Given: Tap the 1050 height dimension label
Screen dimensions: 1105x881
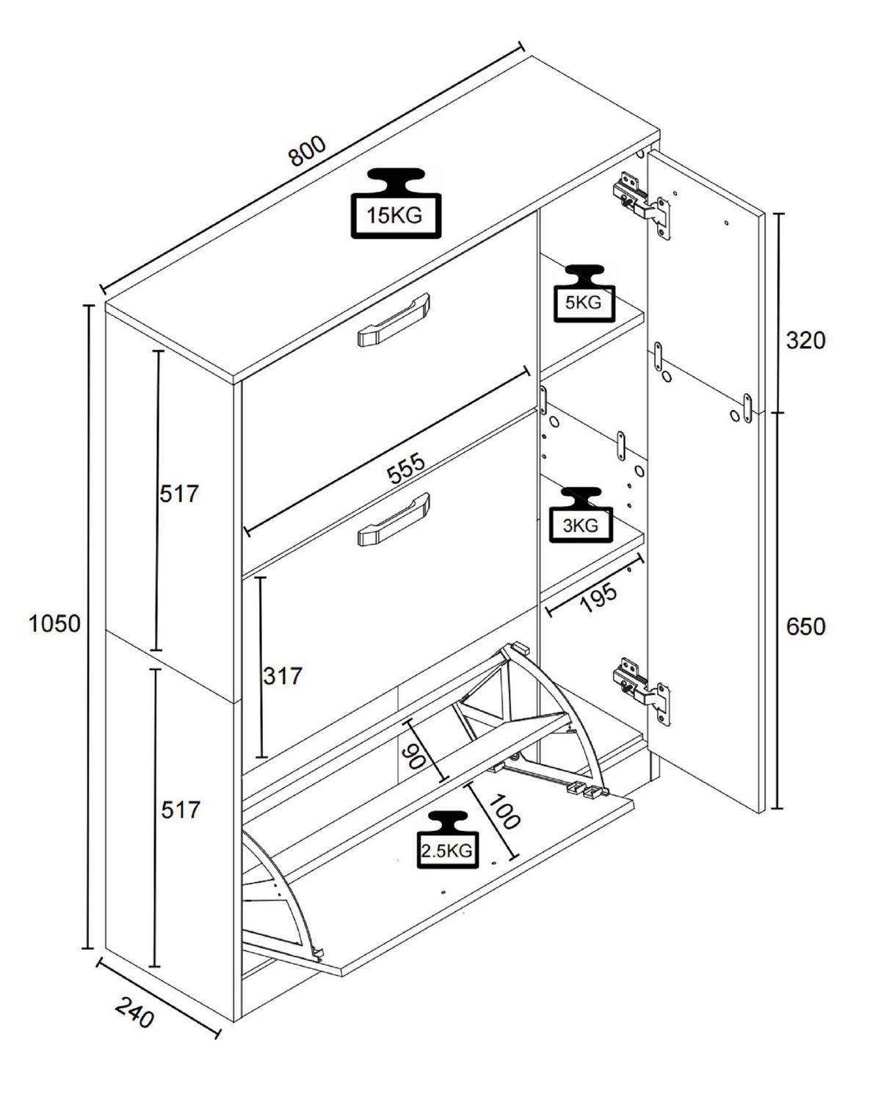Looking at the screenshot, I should (54, 624).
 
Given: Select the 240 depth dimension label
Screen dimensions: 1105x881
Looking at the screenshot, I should (135, 1014).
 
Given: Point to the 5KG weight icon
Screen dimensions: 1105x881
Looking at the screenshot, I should (583, 293).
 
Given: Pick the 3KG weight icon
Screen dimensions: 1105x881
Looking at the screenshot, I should (581, 516).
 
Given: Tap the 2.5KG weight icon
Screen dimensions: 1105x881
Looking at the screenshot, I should (446, 841).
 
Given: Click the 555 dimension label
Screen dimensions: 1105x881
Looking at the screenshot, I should (406, 469).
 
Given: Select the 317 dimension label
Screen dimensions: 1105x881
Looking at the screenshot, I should (283, 675).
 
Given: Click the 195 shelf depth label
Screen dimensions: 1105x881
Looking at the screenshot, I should (598, 598).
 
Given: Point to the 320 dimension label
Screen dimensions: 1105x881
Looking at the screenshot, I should (805, 340).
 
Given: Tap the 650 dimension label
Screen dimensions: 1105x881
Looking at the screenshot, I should (805, 627).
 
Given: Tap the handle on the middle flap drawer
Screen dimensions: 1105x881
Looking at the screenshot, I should (393, 519).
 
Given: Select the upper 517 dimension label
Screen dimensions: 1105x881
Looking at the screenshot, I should (180, 494).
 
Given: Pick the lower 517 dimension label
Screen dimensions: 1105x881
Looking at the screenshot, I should (180, 810).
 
